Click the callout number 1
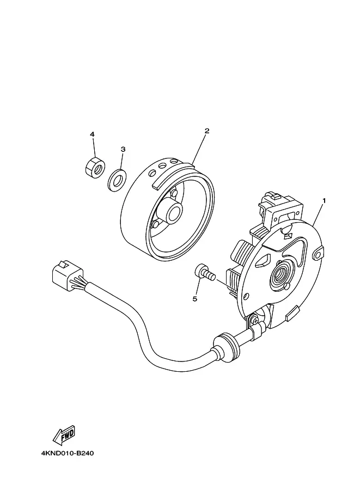[324, 200]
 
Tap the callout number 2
[207, 131]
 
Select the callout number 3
[123, 149]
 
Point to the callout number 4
[92, 134]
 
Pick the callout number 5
[195, 298]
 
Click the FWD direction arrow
[64, 434]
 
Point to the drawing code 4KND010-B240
[67, 453]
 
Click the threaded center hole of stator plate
[279, 273]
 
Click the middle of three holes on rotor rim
[162, 166]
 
